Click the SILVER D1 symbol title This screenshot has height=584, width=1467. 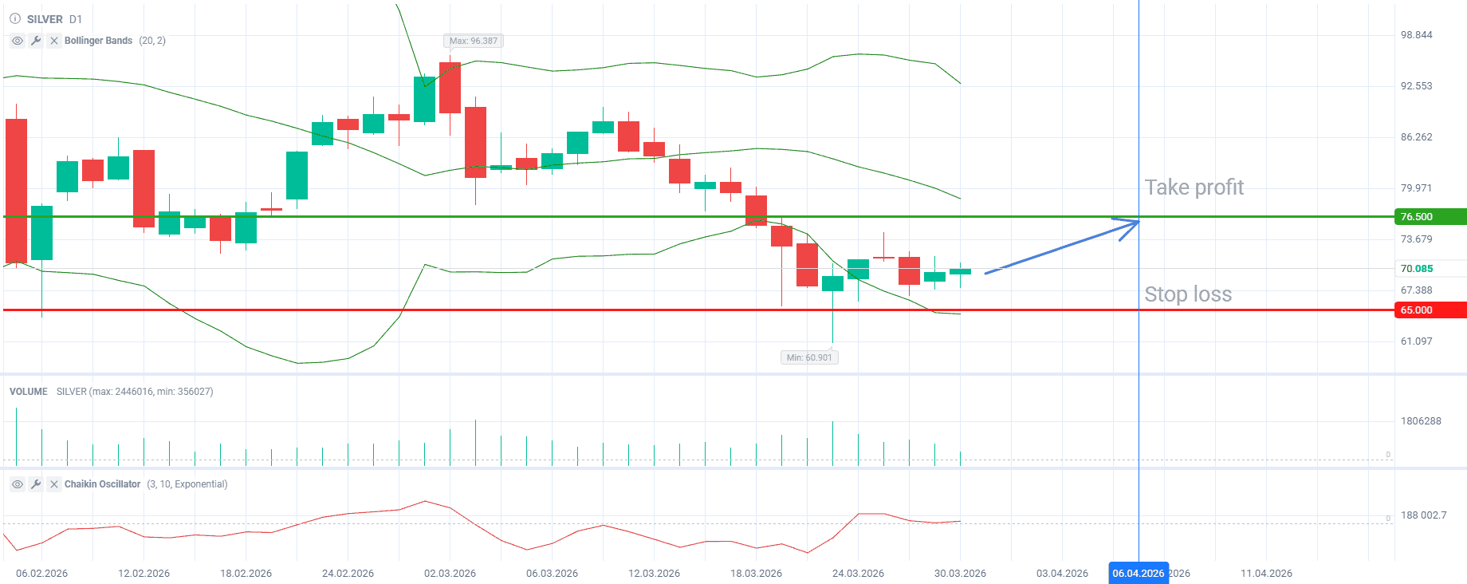click(54, 19)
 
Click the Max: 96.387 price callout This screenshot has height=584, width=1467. click(474, 41)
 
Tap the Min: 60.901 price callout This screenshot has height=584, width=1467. click(809, 357)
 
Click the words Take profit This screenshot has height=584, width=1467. click(1194, 187)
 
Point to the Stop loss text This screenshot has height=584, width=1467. click(1188, 294)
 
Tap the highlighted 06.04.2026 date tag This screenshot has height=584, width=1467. click(1138, 573)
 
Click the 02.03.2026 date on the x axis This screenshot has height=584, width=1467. click(450, 573)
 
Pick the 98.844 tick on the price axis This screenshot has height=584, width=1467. click(1416, 35)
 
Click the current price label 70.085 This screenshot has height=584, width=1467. click(1417, 269)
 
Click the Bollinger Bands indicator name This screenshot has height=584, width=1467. click(98, 41)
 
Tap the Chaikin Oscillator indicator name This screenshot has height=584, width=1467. click(102, 484)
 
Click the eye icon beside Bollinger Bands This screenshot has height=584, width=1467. click(18, 41)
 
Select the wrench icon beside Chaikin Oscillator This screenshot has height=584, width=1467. click(36, 484)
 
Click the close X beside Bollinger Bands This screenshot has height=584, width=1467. click(54, 41)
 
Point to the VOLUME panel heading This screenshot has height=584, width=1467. click(29, 392)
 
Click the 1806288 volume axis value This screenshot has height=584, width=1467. click(1421, 421)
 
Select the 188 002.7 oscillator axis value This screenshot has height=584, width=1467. click(1423, 515)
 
